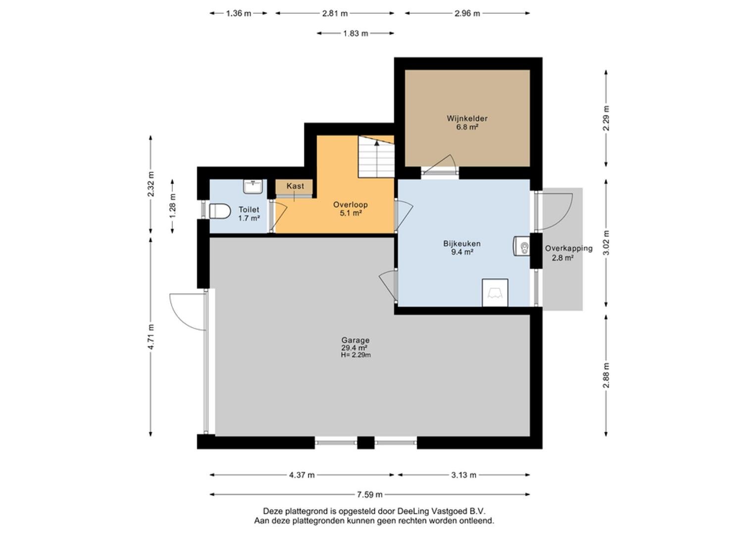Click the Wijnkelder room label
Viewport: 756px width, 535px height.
[x=467, y=118]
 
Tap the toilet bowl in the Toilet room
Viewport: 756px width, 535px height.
[x=220, y=212]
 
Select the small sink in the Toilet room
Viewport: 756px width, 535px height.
[x=253, y=186]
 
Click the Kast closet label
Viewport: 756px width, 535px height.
[x=295, y=186]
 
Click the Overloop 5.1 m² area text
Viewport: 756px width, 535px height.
[x=351, y=213]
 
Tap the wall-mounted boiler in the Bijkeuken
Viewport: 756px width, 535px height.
[x=522, y=246]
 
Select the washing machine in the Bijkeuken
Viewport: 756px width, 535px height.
[x=495, y=292]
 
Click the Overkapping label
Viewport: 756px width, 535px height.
[x=569, y=248]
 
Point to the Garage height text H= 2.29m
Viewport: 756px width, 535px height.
[x=356, y=355]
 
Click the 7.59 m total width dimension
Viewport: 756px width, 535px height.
[x=370, y=495]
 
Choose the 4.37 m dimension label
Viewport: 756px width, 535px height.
[x=302, y=475]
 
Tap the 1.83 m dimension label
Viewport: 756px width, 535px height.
[x=355, y=34]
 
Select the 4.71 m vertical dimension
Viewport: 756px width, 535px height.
[x=151, y=337]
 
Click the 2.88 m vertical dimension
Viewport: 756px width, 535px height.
[x=606, y=375]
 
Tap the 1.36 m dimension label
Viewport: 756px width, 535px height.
[x=239, y=13]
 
